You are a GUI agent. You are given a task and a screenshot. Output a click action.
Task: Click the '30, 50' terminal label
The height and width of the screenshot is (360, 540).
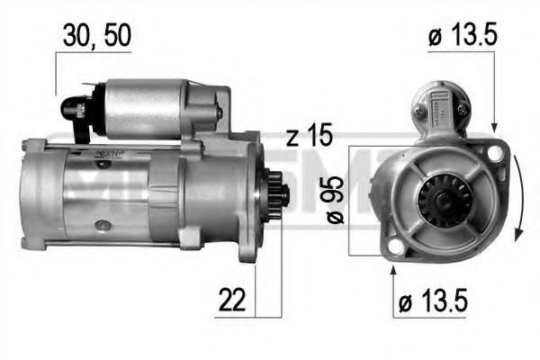[x=97, y=37]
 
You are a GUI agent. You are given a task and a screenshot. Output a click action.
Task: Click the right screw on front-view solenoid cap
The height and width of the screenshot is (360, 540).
[x=462, y=109]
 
